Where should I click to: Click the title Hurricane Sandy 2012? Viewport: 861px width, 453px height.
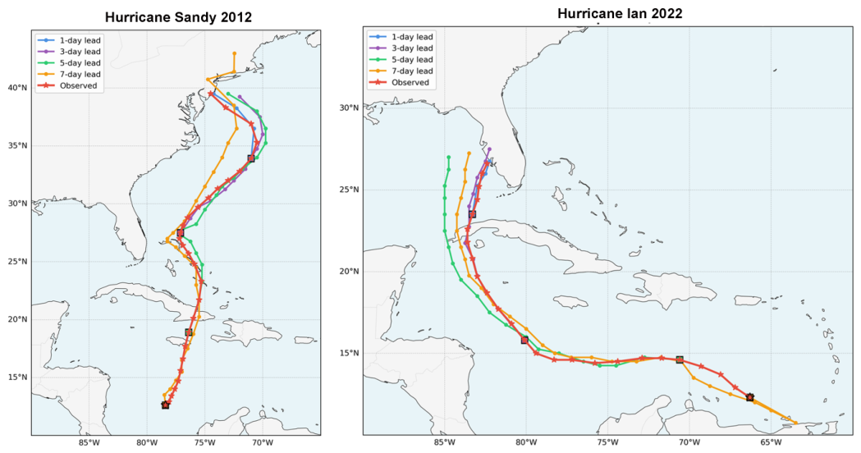tap(178, 17)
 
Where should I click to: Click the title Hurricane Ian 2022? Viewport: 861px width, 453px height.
tap(620, 13)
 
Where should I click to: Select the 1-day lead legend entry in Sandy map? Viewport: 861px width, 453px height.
tap(69, 40)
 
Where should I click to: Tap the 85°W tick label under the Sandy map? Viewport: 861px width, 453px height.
tap(89, 443)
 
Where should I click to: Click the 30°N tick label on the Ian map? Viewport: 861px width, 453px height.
tap(349, 108)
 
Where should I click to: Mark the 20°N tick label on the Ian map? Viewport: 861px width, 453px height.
tap(349, 272)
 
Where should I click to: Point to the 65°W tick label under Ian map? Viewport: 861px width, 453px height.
tap(771, 442)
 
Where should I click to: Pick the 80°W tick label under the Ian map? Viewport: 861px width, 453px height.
tap(526, 442)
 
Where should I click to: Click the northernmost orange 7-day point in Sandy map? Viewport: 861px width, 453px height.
tap(235, 54)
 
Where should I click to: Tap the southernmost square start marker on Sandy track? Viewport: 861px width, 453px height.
tap(165, 405)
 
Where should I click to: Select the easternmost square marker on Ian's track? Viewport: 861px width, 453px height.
tap(750, 397)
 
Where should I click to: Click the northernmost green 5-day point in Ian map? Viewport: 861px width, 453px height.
tap(449, 158)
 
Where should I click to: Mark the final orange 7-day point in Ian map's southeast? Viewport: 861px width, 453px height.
tap(795, 423)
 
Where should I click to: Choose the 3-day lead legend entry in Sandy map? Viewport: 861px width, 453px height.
tap(69, 52)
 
